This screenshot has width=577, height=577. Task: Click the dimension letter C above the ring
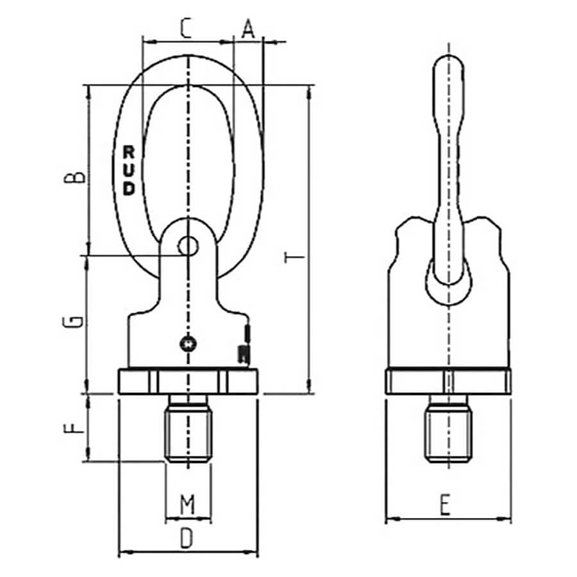point(186,29)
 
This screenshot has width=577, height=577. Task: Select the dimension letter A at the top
point(248,29)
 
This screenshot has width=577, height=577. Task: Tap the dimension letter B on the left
point(75,177)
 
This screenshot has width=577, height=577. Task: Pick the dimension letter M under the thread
point(188,505)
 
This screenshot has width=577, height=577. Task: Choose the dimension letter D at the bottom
point(187,539)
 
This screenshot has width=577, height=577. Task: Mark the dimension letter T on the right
point(295,257)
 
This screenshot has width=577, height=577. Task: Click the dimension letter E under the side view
point(446,505)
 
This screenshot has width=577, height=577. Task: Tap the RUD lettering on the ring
point(129,170)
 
